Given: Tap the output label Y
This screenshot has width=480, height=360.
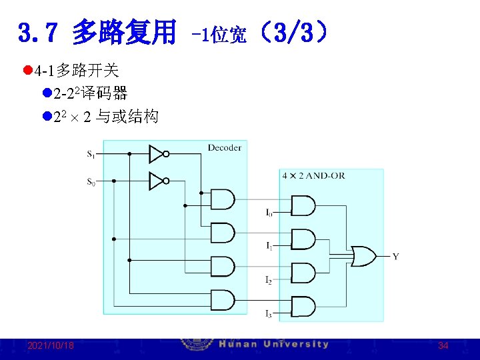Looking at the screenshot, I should click(396, 257).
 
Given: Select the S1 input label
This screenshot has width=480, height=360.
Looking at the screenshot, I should click(91, 155).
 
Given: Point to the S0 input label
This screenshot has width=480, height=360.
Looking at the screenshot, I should click(91, 181).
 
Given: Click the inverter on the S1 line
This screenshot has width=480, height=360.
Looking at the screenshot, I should click(157, 154).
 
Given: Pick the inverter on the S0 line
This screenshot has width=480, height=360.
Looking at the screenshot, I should click(157, 181).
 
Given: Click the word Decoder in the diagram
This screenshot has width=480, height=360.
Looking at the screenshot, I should click(224, 147).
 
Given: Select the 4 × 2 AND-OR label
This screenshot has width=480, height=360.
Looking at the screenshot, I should click(313, 176).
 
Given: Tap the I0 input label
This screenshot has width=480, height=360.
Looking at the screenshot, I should click(269, 213).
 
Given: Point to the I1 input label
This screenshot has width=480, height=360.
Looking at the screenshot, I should click(269, 247).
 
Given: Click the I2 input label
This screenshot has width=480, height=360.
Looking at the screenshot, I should click(269, 280).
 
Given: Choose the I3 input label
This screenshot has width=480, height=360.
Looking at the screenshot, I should click(269, 313).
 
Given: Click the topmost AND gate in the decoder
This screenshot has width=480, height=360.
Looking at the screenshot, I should click(223, 199).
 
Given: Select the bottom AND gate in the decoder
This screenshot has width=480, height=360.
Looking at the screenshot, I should click(223, 300).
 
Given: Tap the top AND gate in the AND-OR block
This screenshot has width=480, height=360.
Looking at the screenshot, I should click(303, 206).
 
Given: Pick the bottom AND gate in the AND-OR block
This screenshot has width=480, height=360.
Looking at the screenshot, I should click(303, 307).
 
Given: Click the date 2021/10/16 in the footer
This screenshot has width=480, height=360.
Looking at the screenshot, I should click(51, 346).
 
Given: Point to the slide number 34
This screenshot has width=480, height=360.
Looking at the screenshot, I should click(443, 346).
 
